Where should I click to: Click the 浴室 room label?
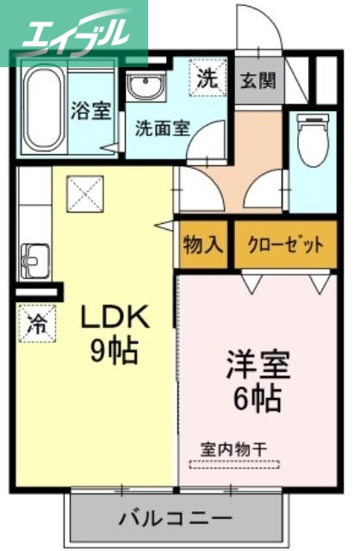[x=90, y=111]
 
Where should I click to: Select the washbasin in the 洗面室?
[x=143, y=86]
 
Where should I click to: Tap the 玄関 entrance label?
[x=258, y=80]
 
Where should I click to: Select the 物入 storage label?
[x=203, y=245]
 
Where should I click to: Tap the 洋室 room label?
[x=258, y=364]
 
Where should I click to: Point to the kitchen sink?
[x=35, y=257]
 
